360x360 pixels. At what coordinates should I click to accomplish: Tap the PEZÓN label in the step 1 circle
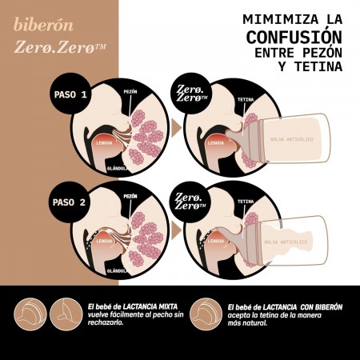pyautogui.click(x=130, y=92)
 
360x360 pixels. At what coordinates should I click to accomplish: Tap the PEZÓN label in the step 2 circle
pyautogui.click(x=130, y=196)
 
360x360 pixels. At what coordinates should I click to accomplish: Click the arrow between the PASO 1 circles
pyautogui.click(x=175, y=126)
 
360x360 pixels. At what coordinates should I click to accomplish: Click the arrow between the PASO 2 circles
pyautogui.click(x=175, y=230)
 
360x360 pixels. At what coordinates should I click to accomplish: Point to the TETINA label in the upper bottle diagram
pyautogui.click(x=246, y=101)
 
